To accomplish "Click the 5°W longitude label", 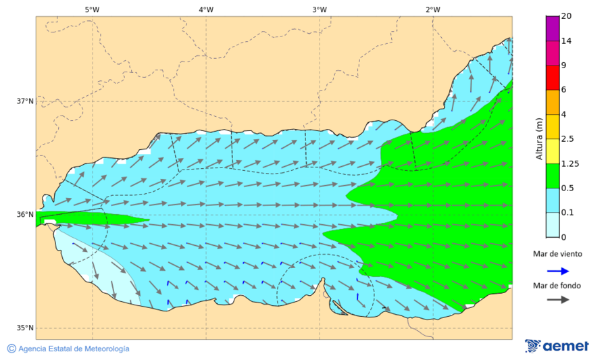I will coord(92,9).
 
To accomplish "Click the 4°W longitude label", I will coord(206,9).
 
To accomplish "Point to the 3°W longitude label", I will coord(320,9).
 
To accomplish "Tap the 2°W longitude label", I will coord(433,9).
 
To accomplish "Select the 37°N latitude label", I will coord(25,101).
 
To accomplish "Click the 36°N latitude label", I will coord(25,215).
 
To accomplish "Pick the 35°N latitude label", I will coord(25,328).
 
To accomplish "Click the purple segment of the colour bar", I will coord(553,28).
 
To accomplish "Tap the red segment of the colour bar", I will coord(553,77).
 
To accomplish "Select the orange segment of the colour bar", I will coord(553,102).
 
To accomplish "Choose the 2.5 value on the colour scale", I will coord(569,139).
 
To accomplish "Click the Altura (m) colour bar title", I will coord(539,138).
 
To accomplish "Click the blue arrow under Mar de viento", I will coord(557,270).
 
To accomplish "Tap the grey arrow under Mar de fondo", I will coord(557,300).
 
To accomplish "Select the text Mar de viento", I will coord(557,254).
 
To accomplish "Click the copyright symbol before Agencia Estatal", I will coord(11,349).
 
